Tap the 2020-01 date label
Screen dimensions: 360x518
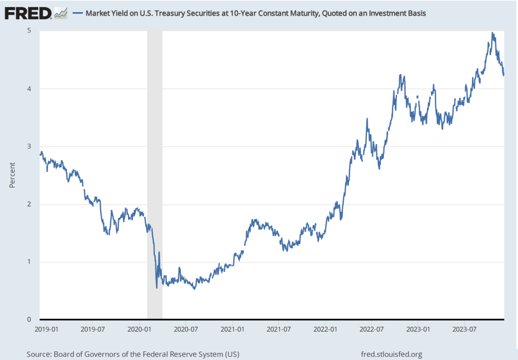139,329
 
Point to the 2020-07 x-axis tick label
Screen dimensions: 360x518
186,329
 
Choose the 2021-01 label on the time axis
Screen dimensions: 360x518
233,329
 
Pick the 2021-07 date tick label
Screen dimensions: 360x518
279,329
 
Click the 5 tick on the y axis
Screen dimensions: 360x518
30,30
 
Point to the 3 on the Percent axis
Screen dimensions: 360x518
30,146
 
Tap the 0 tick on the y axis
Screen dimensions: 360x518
30,320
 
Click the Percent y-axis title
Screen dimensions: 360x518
12,175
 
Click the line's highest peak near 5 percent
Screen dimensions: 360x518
493,33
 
